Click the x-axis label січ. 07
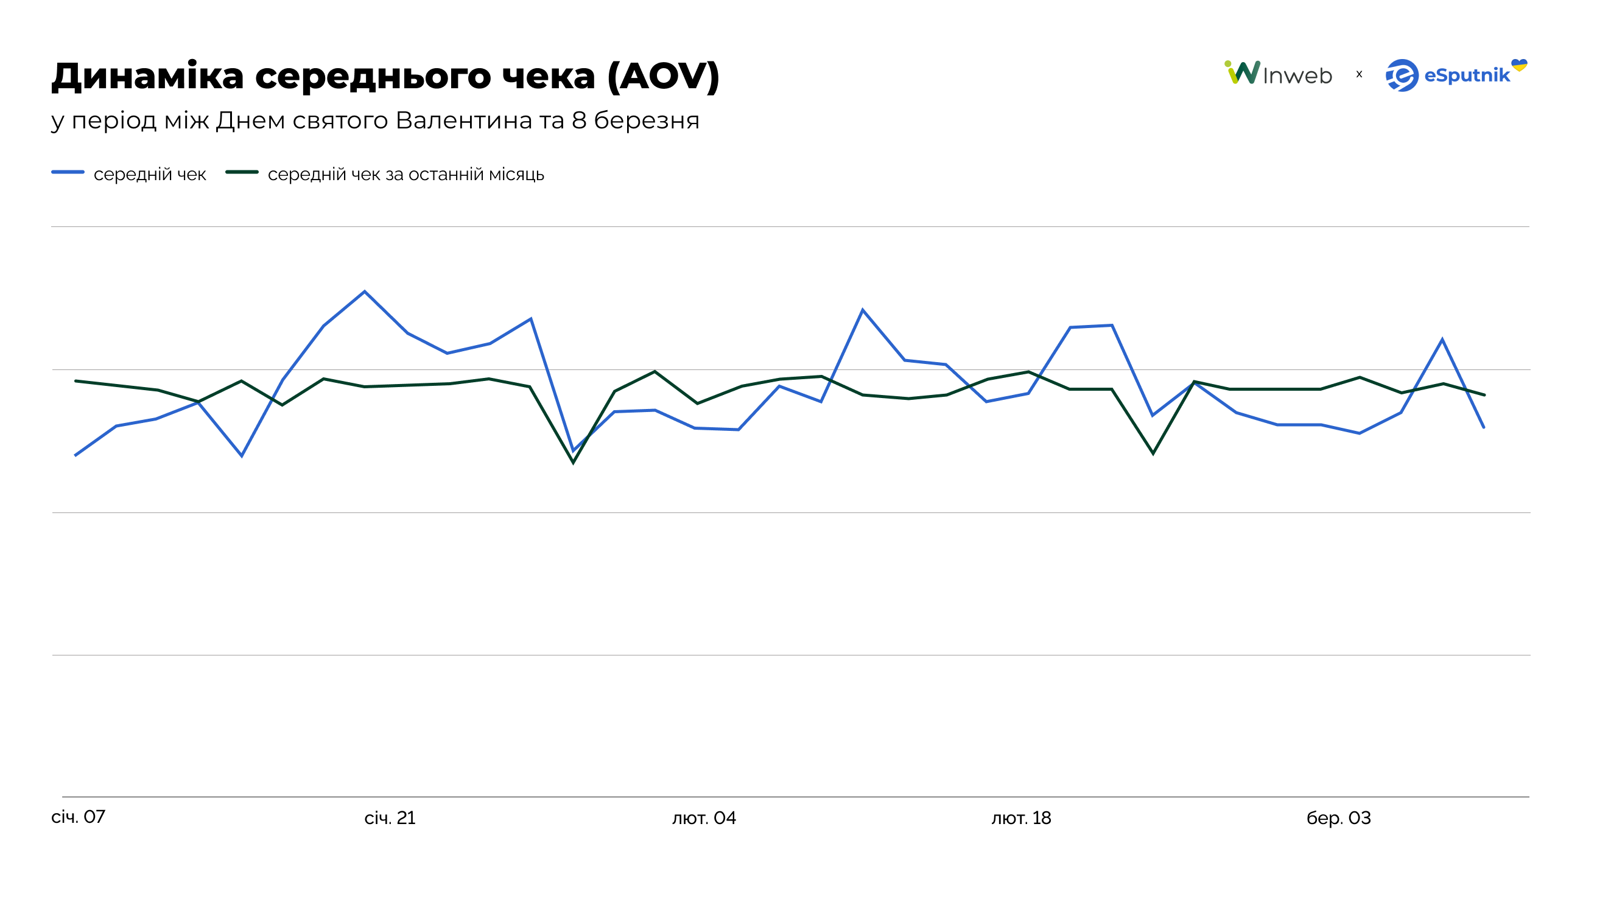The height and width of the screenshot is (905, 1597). (x=79, y=817)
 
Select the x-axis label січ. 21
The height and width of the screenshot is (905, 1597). (x=390, y=818)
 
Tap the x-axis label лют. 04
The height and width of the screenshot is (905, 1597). (x=704, y=818)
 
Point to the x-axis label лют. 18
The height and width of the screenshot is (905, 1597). (x=1021, y=818)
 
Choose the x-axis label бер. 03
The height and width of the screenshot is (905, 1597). (x=1338, y=818)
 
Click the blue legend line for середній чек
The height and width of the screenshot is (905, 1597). (x=68, y=172)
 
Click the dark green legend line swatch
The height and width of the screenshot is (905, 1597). (x=242, y=172)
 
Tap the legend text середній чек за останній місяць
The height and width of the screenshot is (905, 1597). (x=405, y=175)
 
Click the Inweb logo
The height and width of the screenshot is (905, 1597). (x=1278, y=74)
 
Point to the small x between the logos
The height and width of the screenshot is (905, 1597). (x=1359, y=74)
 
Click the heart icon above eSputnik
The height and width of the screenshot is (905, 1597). (x=1518, y=65)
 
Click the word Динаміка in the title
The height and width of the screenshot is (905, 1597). (x=147, y=76)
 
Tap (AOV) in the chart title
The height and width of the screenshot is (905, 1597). (x=662, y=76)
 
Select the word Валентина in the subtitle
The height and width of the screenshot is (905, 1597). (x=464, y=120)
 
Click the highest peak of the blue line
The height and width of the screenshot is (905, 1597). (x=364, y=291)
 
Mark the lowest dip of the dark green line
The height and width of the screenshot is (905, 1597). (x=573, y=463)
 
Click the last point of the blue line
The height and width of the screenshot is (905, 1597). (x=1484, y=428)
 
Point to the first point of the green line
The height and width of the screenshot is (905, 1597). (x=75, y=380)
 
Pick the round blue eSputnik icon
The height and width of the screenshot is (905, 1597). (x=1402, y=76)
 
